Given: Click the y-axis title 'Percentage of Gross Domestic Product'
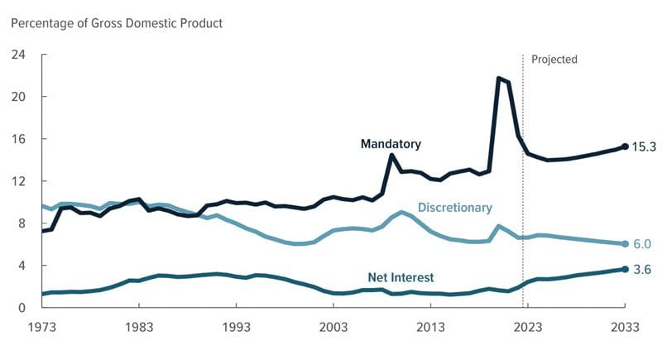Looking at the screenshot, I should [117, 23].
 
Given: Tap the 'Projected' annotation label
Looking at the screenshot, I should [554, 60].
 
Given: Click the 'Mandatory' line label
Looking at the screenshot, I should [391, 144].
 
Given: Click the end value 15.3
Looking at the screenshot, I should [645, 147].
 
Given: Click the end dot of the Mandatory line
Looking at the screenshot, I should [625, 146].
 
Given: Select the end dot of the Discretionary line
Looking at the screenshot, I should [625, 244].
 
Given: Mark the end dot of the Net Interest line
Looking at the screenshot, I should [625, 269].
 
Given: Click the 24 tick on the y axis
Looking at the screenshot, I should [17, 55].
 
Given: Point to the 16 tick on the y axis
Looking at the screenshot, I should [17, 139].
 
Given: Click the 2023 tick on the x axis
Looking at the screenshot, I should [527, 328].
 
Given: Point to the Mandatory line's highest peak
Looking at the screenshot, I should [498, 79].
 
